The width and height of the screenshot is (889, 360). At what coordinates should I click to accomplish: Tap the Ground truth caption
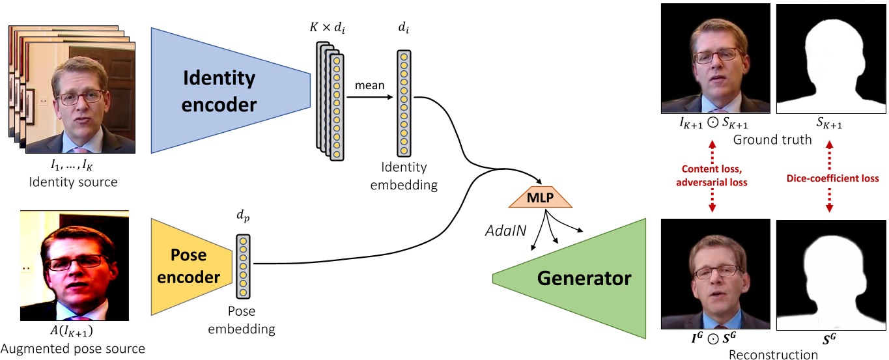coord(772,140)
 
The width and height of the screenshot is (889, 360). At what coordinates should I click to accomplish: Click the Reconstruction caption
coord(772,354)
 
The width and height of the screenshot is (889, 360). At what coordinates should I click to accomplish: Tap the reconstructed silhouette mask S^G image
coord(831,273)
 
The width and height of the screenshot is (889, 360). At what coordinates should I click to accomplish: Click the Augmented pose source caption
coord(73,349)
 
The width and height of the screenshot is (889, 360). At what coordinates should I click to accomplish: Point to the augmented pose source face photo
coord(72,265)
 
